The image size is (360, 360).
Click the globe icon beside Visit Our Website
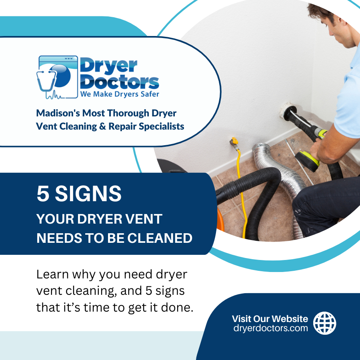click(x=324, y=323)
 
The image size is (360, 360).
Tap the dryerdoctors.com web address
click(x=271, y=328)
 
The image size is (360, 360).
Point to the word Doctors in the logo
click(x=119, y=82)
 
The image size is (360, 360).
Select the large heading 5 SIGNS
click(x=79, y=194)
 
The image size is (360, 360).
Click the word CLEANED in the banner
click(x=160, y=238)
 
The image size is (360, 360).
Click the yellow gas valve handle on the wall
click(x=234, y=141)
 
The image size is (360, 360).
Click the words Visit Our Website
click(x=270, y=319)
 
